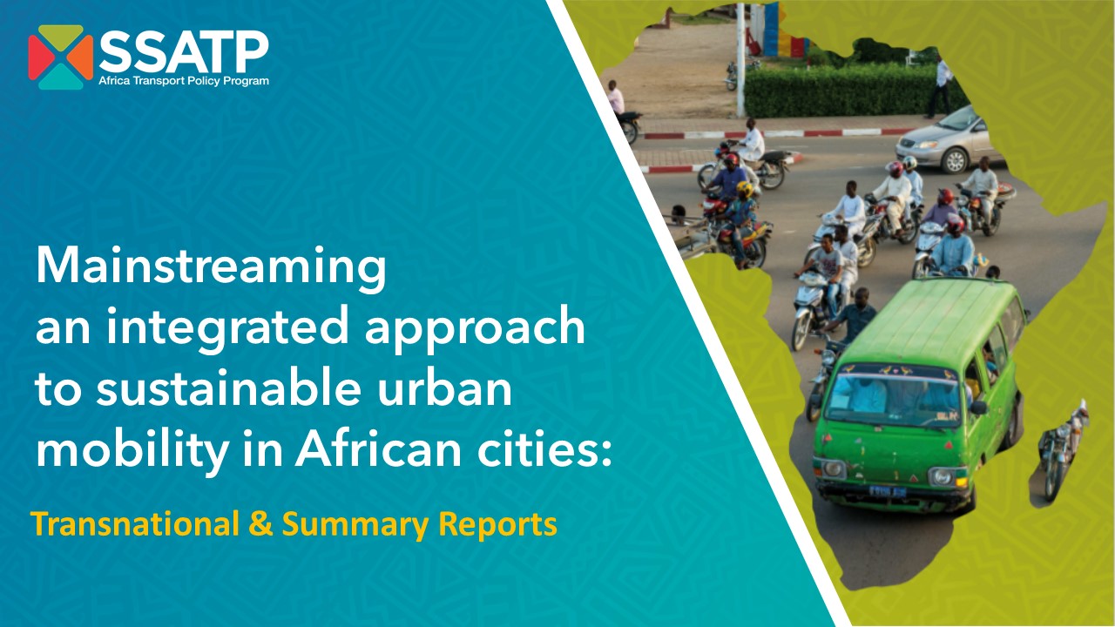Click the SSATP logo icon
pyautogui.click(x=61, y=57)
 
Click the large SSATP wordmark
pyautogui.click(x=184, y=51)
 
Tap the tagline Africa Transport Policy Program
pyautogui.click(x=184, y=81)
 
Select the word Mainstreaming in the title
pyautogui.click(x=211, y=269)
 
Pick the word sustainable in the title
pyautogui.click(x=228, y=388)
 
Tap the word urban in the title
pyautogui.click(x=444, y=388)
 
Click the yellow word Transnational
pyautogui.click(x=135, y=524)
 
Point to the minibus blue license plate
pyautogui.click(x=888, y=492)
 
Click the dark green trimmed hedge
pyautogui.click(x=846, y=90)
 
